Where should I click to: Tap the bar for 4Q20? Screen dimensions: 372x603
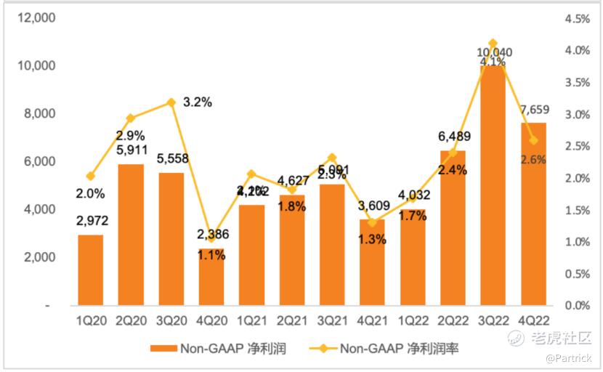[x=211, y=280]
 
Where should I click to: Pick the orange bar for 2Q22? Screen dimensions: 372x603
[x=453, y=232]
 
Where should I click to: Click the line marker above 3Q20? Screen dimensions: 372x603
[x=171, y=102]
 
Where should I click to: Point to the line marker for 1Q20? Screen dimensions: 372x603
[x=91, y=177]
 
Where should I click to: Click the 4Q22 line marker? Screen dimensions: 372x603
[x=533, y=140]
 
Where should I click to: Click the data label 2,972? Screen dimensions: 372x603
[x=92, y=220]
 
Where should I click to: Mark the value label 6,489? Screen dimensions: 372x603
[x=453, y=138]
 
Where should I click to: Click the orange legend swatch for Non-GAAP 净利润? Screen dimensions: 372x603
[x=166, y=349]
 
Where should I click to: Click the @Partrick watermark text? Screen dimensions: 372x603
[x=570, y=358]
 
